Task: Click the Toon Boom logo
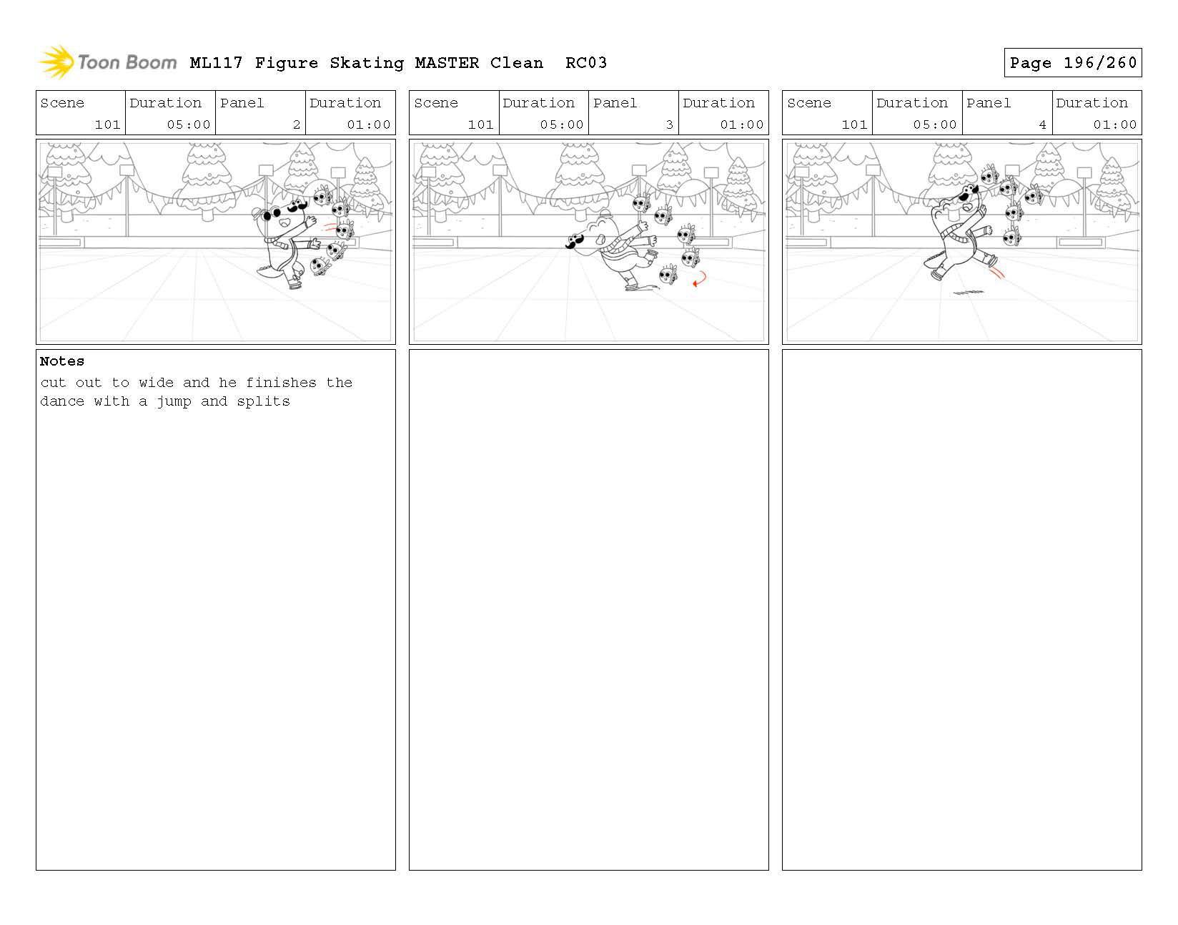[108, 62]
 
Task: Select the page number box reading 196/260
[1072, 62]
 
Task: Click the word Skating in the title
[367, 63]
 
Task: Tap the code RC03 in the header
[585, 62]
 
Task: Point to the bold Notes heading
[61, 361]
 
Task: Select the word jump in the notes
[174, 402]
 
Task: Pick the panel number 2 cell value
[296, 124]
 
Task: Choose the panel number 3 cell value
[669, 124]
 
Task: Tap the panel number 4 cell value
[1042, 124]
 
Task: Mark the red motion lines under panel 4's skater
[996, 272]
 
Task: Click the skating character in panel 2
[287, 242]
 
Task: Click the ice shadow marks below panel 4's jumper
[968, 293]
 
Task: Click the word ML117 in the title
[216, 62]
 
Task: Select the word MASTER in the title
[447, 62]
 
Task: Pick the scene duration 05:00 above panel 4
[934, 124]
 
